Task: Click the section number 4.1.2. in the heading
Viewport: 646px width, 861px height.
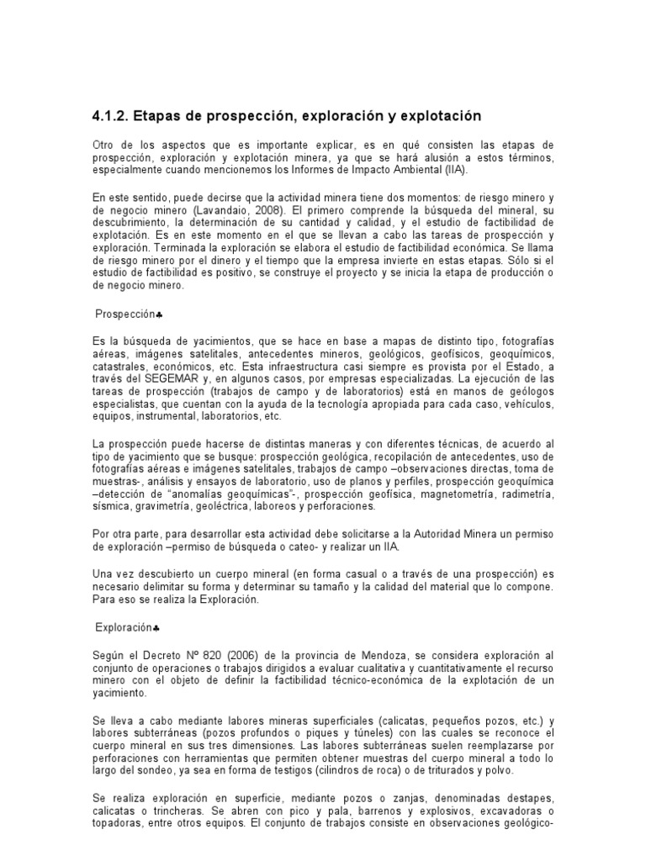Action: click(113, 114)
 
